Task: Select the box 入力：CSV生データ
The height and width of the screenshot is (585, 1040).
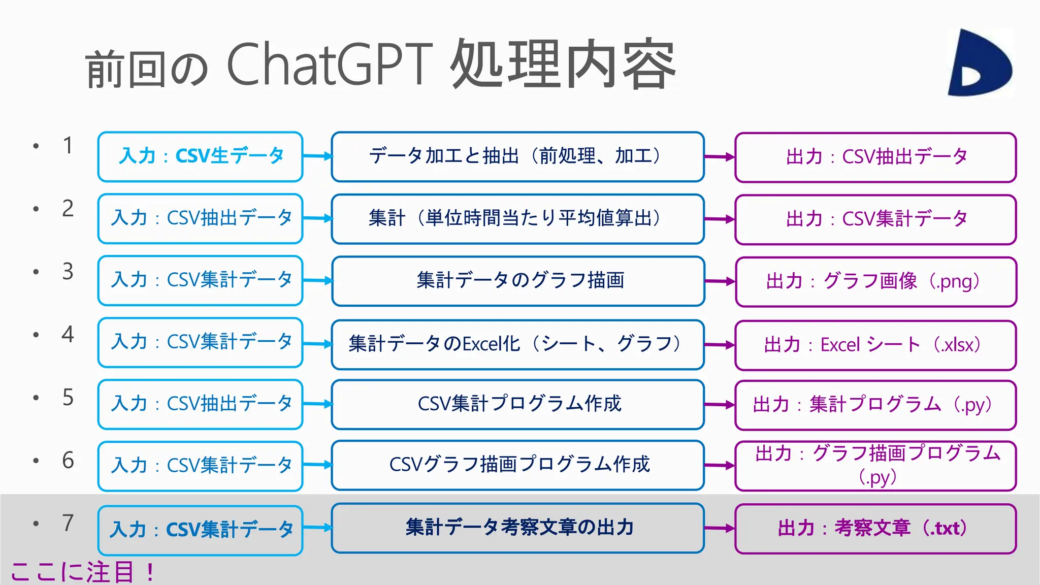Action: coord(201,156)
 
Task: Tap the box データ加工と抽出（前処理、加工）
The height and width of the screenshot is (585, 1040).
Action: coord(517,156)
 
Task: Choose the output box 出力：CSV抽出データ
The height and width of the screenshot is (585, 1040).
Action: coord(875,157)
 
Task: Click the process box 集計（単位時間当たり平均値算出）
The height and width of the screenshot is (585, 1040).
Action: coord(517,219)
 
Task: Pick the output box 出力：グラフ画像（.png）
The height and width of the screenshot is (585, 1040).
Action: coord(875,281)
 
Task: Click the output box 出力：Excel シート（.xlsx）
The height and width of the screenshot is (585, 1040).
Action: coord(875,345)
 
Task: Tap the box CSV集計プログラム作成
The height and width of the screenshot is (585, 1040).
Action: coord(517,404)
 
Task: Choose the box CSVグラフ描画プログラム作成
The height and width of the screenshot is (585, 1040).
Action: coord(517,465)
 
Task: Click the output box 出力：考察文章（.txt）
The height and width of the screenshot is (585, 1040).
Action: coord(875,528)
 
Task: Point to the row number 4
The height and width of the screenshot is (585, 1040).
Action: coord(68,335)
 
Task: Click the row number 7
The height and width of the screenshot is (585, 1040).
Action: coord(68,523)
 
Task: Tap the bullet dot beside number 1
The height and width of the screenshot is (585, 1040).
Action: coord(36,146)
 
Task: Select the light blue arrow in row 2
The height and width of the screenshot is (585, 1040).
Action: coord(318,218)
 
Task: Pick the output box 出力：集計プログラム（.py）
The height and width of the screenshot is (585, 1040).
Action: coord(875,405)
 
